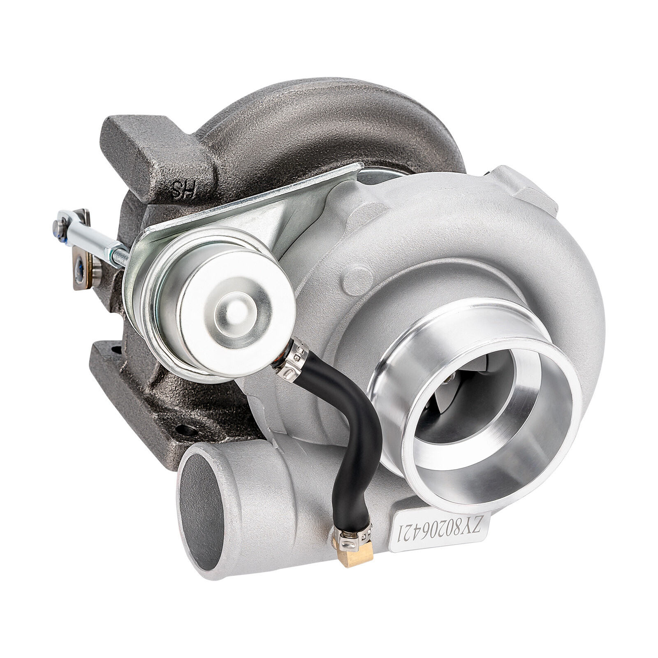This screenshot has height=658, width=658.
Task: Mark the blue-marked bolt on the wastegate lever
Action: click(x=80, y=270)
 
